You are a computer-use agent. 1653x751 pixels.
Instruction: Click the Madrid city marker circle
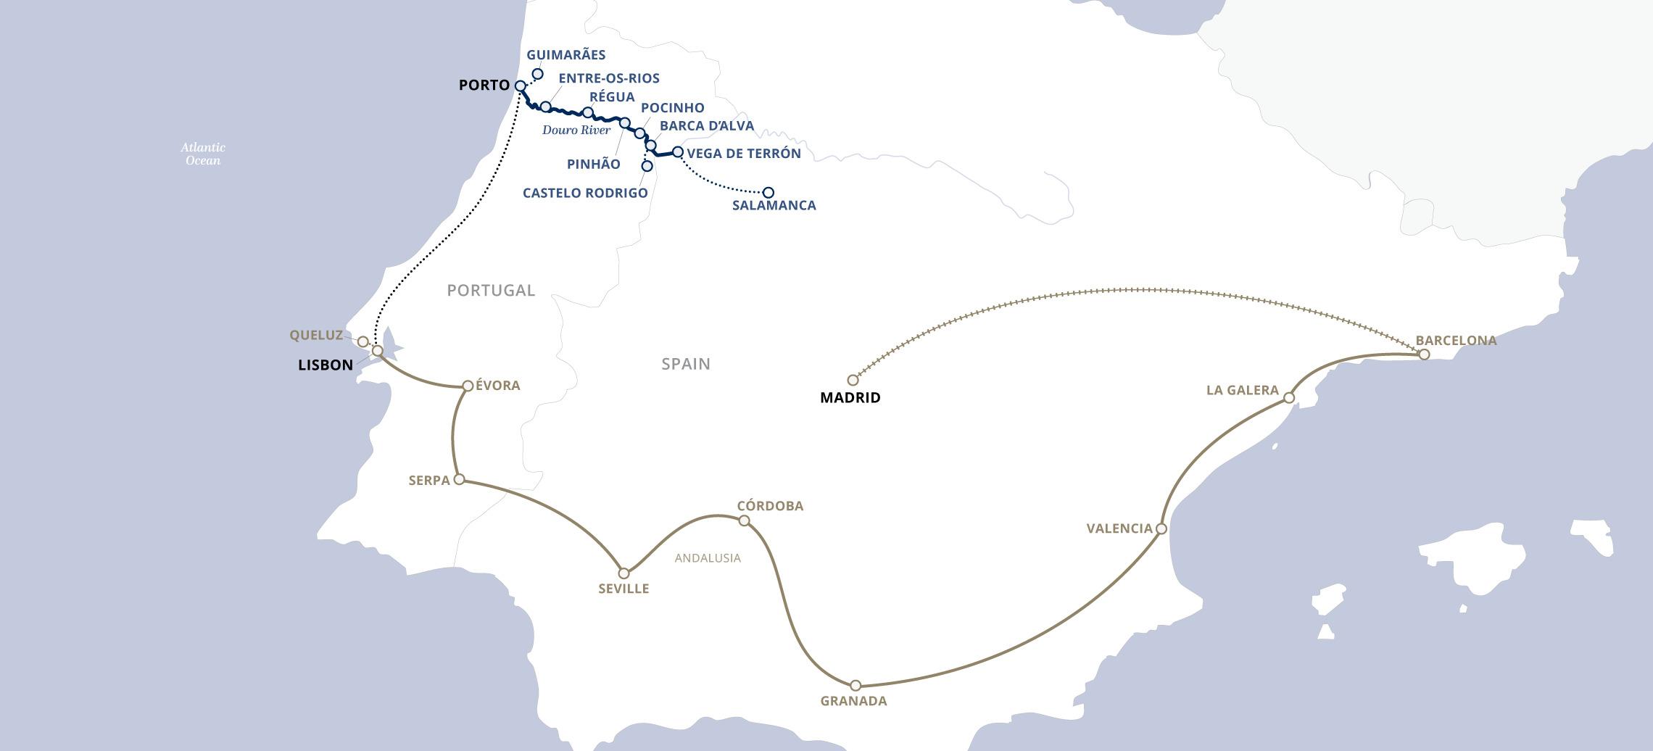pos(853,380)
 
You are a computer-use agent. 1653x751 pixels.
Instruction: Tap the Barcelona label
pos(1456,340)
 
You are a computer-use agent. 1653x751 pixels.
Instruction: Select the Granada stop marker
pos(855,685)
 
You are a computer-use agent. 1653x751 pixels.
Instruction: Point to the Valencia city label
pos(1119,528)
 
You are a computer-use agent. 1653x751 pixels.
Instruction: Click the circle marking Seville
pos(623,573)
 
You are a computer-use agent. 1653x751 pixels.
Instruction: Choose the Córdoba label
pos(770,506)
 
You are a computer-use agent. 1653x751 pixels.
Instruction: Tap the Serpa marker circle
pos(459,479)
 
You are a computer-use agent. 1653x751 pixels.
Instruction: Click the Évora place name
pos(497,386)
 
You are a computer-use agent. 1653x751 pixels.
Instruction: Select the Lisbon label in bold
pos(326,365)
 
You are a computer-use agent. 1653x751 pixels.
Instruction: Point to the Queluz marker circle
pos(363,341)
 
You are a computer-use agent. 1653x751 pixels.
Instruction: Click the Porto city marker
pos(520,86)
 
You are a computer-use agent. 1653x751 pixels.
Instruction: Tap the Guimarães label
pos(565,55)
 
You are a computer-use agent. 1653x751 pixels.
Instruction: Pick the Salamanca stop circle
pos(768,192)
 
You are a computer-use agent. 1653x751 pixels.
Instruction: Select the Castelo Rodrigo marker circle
pos(647,166)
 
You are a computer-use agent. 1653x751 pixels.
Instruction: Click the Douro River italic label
pos(576,130)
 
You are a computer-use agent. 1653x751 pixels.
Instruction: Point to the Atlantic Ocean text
pos(203,154)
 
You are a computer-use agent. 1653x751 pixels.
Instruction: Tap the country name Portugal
pos(491,290)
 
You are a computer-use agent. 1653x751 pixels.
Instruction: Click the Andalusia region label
pos(708,557)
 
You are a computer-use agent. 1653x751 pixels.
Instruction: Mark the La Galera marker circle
pos(1288,397)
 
